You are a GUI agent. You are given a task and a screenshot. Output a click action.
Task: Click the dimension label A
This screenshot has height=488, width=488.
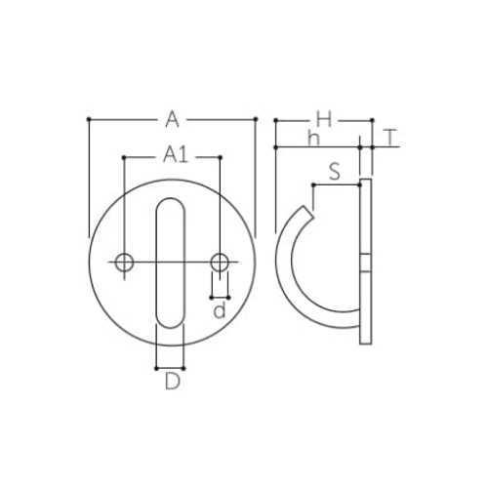pos(172,120)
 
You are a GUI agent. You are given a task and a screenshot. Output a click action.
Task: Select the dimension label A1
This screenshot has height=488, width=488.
pos(176,154)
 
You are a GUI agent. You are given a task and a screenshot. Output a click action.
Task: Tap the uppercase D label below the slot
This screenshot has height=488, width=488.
pos(172,382)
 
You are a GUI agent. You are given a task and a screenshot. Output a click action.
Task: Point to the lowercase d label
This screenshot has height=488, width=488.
pos(220,310)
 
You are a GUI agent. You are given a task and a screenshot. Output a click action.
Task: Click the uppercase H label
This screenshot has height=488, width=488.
pos(324,119)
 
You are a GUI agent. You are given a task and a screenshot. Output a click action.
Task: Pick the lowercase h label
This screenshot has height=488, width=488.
pos(314,139)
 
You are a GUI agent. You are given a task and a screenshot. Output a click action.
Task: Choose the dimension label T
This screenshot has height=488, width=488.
pos(390,138)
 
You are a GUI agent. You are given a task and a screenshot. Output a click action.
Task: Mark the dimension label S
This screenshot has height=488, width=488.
pos(335,172)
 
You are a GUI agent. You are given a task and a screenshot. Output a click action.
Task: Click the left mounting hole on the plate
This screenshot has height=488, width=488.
pos(124,263)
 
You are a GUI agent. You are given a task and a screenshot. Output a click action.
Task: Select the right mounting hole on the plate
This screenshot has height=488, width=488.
pos(220,263)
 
